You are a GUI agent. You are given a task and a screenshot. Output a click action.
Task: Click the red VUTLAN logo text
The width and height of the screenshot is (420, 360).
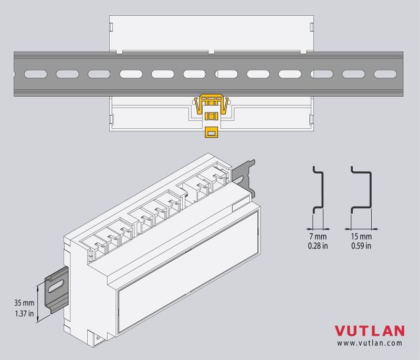tap(370, 331)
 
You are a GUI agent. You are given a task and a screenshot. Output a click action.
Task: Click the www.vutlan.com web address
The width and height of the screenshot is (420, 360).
tap(370, 343)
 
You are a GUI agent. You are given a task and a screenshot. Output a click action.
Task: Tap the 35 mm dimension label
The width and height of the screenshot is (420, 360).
tap(24, 303)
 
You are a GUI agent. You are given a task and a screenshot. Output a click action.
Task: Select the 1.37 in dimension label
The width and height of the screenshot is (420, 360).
tap(24, 313)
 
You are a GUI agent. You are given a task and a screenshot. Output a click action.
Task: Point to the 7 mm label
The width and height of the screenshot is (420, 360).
tap(318, 236)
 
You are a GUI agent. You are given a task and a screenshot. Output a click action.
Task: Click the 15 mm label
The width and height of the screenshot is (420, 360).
tap(361, 236)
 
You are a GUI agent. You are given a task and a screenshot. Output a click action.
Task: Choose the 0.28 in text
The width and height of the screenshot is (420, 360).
tap(318, 246)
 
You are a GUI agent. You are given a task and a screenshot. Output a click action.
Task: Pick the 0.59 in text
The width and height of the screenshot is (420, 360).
tap(361, 246)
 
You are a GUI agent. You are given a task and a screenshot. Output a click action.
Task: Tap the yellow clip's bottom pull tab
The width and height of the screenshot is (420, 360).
tap(212, 132)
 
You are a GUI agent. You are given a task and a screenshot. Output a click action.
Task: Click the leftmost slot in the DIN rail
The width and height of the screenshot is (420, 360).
tap(36, 74)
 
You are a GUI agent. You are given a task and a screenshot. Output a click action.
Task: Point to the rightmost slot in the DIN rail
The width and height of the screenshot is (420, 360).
tap(385, 74)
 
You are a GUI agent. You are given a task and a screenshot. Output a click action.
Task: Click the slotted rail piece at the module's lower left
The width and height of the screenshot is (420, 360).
tap(57, 290)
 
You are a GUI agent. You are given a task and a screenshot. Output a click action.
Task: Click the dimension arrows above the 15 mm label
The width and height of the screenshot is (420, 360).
tap(361, 229)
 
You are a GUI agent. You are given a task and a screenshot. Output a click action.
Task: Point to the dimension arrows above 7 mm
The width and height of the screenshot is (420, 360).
tap(318, 229)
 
